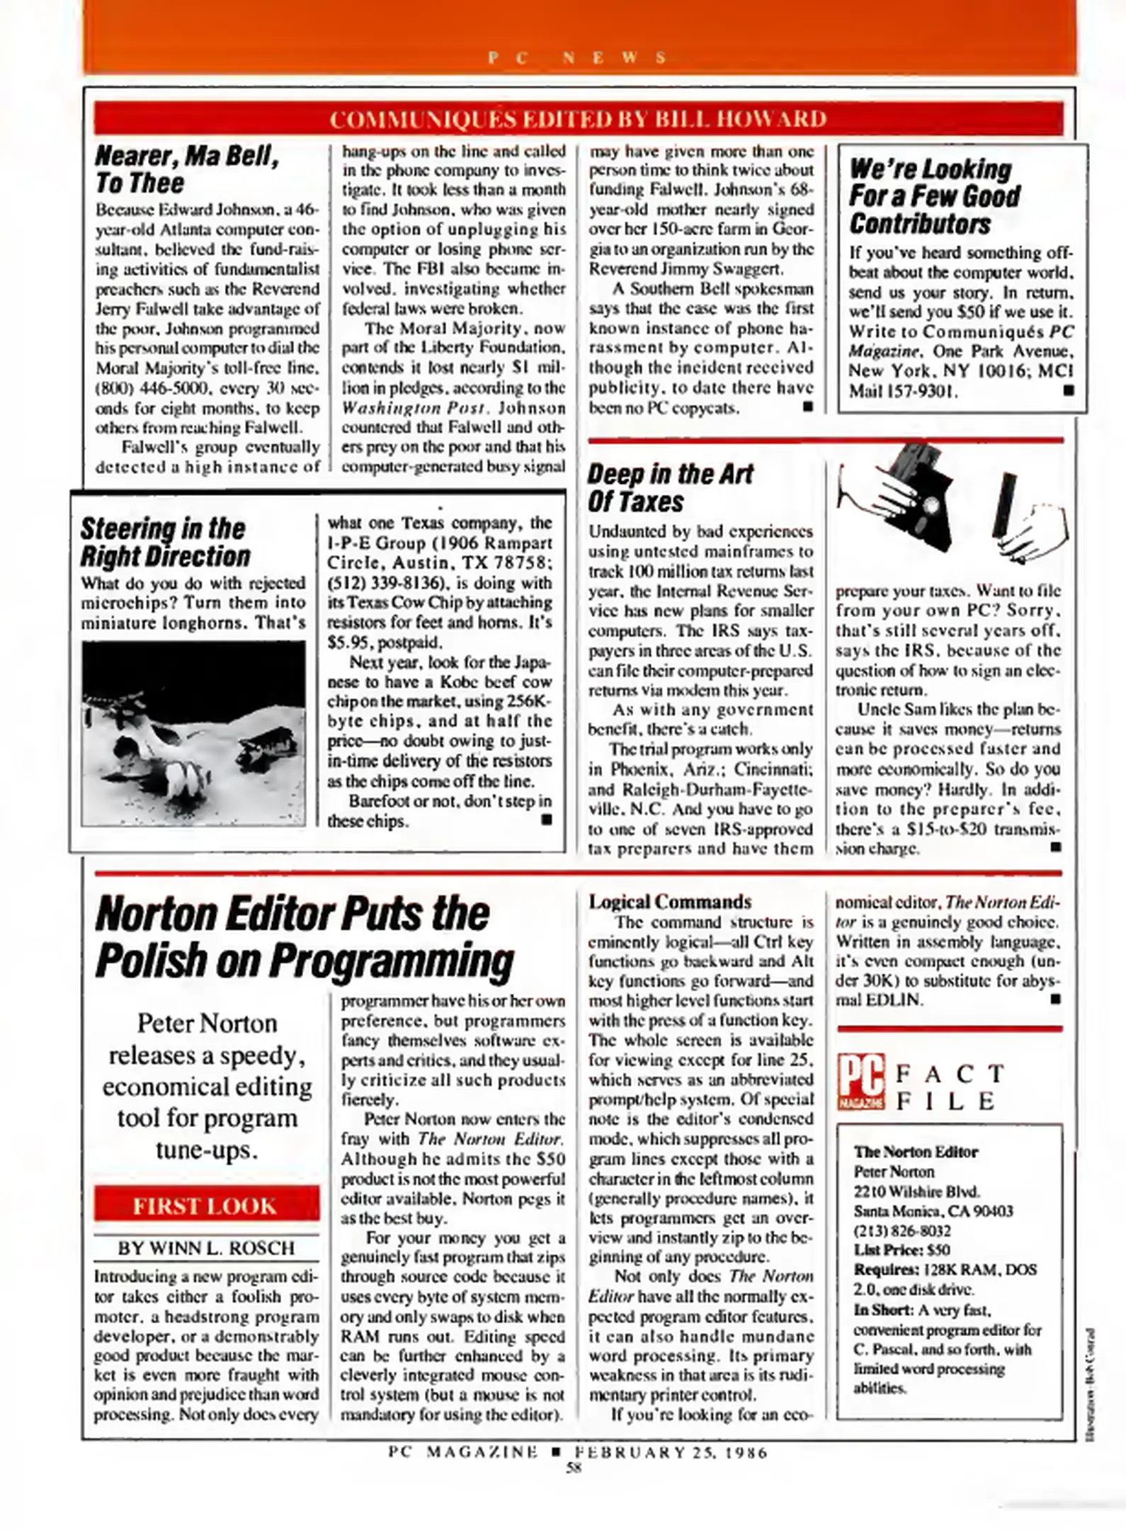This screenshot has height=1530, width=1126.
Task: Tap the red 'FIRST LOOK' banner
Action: coord(205,1205)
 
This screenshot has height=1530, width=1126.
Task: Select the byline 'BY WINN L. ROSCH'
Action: coord(206,1248)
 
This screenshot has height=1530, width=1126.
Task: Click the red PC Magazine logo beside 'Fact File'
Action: coord(860,1082)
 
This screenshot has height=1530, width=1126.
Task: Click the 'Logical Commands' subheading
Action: coord(669,902)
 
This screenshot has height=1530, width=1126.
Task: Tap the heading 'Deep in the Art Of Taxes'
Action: coord(669,487)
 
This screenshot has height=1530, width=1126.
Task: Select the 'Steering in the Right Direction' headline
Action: coord(164,542)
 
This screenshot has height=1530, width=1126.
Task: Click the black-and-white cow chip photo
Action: coord(193,733)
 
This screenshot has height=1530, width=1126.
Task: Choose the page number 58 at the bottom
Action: coord(574,1468)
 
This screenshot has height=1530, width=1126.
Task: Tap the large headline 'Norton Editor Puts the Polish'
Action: coord(305,936)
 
